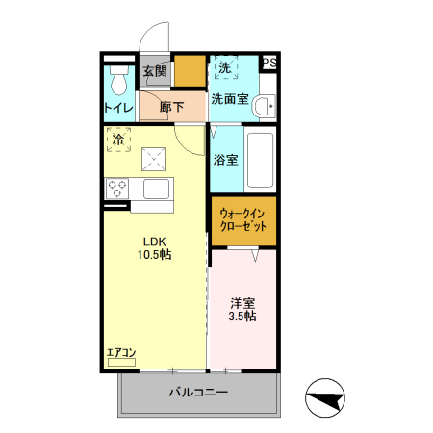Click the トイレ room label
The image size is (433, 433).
pos(119,108)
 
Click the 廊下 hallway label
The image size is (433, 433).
pos(172,108)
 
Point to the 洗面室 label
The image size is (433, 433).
pos(230,98)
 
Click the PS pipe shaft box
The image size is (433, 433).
pos(269,64)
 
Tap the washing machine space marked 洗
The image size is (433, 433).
pos(224,68)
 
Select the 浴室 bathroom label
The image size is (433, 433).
pos(226,160)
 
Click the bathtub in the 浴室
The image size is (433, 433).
pos(261,160)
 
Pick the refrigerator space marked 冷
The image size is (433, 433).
pos(118,140)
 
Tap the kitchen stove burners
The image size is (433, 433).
pos(118,188)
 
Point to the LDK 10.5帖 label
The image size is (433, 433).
pos(158,248)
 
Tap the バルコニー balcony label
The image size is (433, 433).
pos(198,393)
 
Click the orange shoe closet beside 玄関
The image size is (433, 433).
pos(188,71)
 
